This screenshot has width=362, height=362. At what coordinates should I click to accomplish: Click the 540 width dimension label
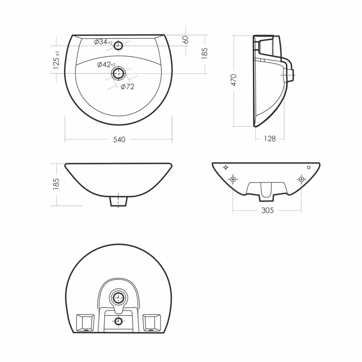(x=119, y=140)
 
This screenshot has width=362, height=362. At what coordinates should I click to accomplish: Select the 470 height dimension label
(x=234, y=80)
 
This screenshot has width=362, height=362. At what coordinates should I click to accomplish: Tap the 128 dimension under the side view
(x=270, y=138)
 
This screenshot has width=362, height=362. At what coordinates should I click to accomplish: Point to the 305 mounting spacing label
(x=268, y=210)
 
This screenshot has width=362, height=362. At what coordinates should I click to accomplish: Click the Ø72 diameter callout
(x=127, y=87)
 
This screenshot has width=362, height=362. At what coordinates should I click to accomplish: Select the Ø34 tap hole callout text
(x=103, y=42)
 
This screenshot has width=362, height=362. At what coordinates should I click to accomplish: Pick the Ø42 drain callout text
(x=106, y=65)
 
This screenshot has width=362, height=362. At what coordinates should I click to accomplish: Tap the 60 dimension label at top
(x=185, y=40)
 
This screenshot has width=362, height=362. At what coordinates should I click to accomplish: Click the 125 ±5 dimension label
(x=56, y=61)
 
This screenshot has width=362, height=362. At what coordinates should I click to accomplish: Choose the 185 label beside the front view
(x=56, y=184)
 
